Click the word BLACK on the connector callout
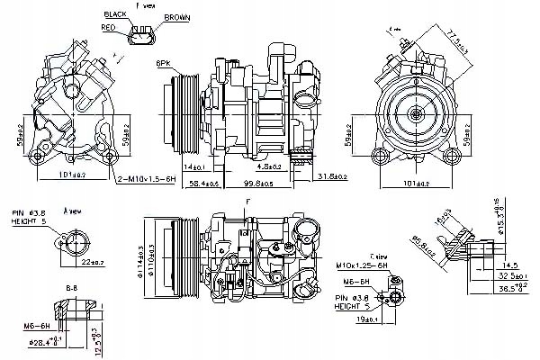tap(115, 15)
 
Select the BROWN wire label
tap(175, 17)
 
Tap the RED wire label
tap(109, 28)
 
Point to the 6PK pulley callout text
tap(163, 64)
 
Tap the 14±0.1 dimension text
tap(195, 166)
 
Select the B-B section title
tap(70, 289)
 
